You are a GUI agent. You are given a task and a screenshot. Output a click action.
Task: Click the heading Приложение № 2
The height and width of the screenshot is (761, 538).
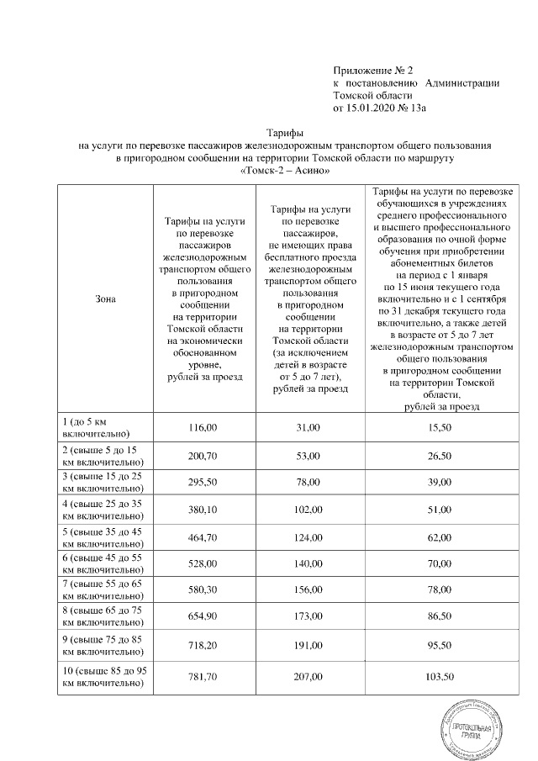click(x=374, y=68)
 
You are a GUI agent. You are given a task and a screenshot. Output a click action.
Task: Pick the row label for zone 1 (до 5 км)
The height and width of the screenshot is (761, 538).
click(x=94, y=427)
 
